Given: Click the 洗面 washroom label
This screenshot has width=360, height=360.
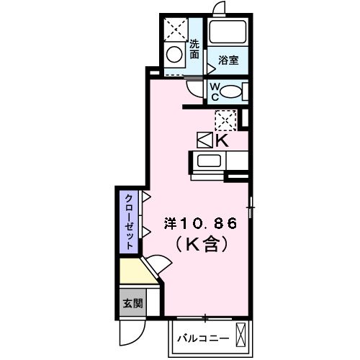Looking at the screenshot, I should (x=194, y=48).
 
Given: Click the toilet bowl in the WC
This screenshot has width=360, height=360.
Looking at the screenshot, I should (x=230, y=91).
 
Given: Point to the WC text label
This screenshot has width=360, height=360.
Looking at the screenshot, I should (x=214, y=91).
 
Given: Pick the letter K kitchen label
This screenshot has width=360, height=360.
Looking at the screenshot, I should (x=222, y=140).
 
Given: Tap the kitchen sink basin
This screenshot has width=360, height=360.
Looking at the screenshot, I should (x=210, y=161).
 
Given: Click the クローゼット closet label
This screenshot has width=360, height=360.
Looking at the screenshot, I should (x=128, y=221).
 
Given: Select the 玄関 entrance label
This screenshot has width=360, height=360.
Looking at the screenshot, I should (x=130, y=303).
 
